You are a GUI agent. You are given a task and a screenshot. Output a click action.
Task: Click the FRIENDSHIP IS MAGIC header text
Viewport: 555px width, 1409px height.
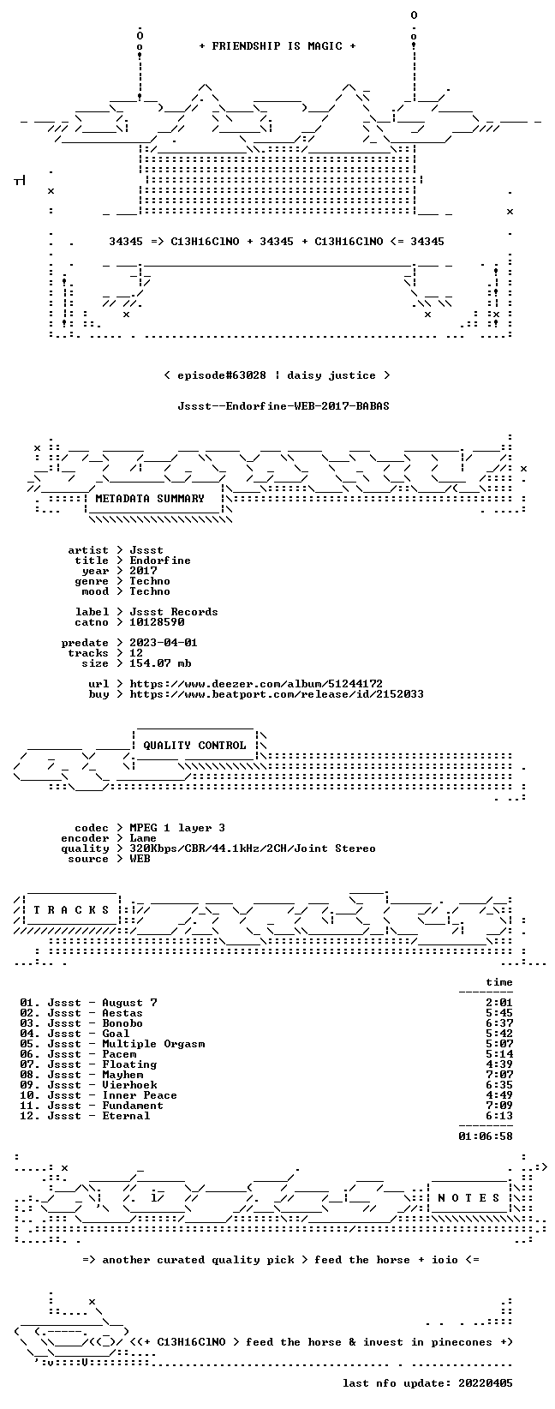pos(277,46)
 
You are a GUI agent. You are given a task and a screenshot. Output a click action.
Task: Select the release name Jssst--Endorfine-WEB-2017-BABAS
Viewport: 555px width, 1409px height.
pos(283,406)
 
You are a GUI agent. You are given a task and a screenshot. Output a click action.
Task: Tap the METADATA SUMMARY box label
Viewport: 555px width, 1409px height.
pos(150,499)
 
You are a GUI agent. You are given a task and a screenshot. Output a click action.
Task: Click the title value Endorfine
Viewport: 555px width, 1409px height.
pos(160,561)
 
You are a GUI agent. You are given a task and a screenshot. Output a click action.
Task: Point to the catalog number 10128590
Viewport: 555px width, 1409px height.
pos(157,622)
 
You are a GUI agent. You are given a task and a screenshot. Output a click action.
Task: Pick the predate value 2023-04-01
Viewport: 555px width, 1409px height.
pos(164,643)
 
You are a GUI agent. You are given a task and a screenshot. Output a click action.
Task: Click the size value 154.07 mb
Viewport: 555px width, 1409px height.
pos(160,663)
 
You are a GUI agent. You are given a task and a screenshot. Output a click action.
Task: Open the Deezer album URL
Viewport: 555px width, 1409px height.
pos(256,684)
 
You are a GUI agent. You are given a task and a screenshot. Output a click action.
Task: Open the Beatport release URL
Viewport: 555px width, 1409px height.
pos(277,694)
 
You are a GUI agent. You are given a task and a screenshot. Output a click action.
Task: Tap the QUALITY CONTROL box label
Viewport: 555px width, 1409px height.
pos(194,746)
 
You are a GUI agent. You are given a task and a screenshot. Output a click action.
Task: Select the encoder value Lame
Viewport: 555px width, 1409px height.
pos(143,838)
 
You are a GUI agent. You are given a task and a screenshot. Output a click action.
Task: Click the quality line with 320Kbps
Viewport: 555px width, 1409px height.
pos(253,848)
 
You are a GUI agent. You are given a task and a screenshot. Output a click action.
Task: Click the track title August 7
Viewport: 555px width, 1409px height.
pos(130,1003)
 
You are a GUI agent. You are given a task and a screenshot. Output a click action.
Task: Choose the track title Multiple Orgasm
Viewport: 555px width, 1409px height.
pos(154,1044)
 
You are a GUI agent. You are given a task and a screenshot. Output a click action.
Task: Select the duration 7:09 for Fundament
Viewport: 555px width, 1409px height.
pos(499,1106)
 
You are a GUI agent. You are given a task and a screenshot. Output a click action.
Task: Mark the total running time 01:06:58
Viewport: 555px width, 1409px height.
pos(486,1136)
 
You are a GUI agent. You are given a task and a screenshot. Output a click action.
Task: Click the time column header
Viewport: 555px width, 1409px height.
pos(499,982)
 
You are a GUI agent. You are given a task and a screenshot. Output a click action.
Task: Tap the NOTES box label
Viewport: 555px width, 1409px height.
pos(468,1198)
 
